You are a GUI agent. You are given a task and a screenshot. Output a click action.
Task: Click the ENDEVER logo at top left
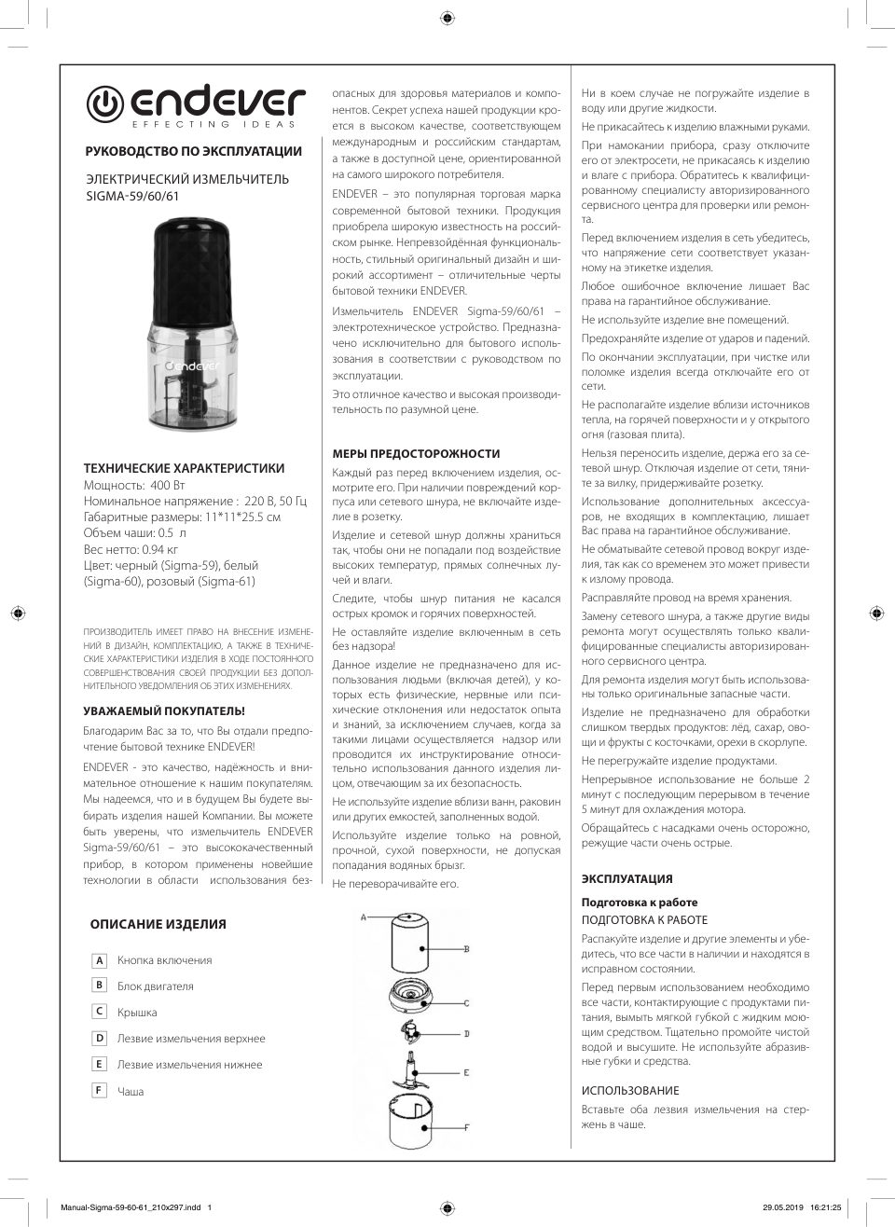coord(196,107)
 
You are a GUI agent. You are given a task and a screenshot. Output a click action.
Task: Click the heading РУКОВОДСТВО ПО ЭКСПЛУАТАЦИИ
coord(193,151)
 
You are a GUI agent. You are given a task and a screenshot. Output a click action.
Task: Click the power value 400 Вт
coord(167,486)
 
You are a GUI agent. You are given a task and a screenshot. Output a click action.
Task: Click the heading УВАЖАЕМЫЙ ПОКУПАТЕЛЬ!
coord(164,710)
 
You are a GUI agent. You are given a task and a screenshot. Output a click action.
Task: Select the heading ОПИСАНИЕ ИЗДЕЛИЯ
coord(158,925)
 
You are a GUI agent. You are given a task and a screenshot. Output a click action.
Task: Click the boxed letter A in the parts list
coord(100,960)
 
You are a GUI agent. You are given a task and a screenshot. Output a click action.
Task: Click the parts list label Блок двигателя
coord(155,986)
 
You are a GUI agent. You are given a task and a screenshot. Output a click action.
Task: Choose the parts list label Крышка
coord(137,1013)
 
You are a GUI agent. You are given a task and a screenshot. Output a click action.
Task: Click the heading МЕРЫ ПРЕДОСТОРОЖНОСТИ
coord(416,454)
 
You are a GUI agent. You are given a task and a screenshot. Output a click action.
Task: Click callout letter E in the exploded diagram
coord(465,1073)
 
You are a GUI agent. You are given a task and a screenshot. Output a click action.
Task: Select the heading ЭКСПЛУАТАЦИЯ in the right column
coord(626,879)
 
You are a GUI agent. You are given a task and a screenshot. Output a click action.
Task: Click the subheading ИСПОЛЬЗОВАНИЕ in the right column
coord(630,1091)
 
